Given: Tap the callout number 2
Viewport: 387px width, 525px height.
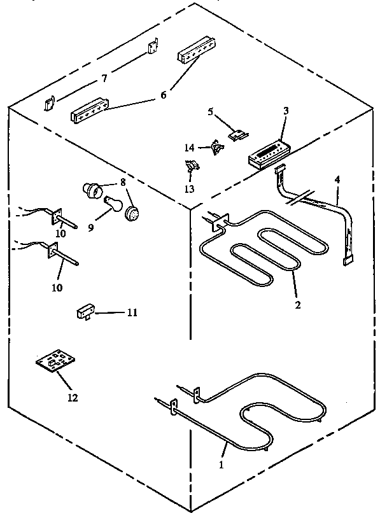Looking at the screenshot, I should click(x=297, y=305).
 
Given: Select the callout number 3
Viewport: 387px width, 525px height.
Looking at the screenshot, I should click(x=286, y=111).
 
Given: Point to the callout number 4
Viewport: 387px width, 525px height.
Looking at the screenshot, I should click(x=337, y=180).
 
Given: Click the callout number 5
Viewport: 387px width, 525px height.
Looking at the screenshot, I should click(x=210, y=112).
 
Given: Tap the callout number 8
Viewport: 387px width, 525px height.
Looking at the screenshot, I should click(x=122, y=181).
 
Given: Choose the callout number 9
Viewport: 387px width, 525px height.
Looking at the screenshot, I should click(x=91, y=227).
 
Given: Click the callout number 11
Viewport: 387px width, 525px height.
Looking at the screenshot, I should click(x=132, y=312).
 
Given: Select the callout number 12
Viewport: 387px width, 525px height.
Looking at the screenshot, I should click(x=72, y=398).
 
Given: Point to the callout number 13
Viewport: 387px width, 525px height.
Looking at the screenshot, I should click(x=189, y=188).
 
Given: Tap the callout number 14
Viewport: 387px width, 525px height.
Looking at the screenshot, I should click(x=189, y=147).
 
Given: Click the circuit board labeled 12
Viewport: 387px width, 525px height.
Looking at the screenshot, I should click(x=53, y=367).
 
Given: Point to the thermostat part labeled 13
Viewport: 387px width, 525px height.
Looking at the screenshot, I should click(x=190, y=168).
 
